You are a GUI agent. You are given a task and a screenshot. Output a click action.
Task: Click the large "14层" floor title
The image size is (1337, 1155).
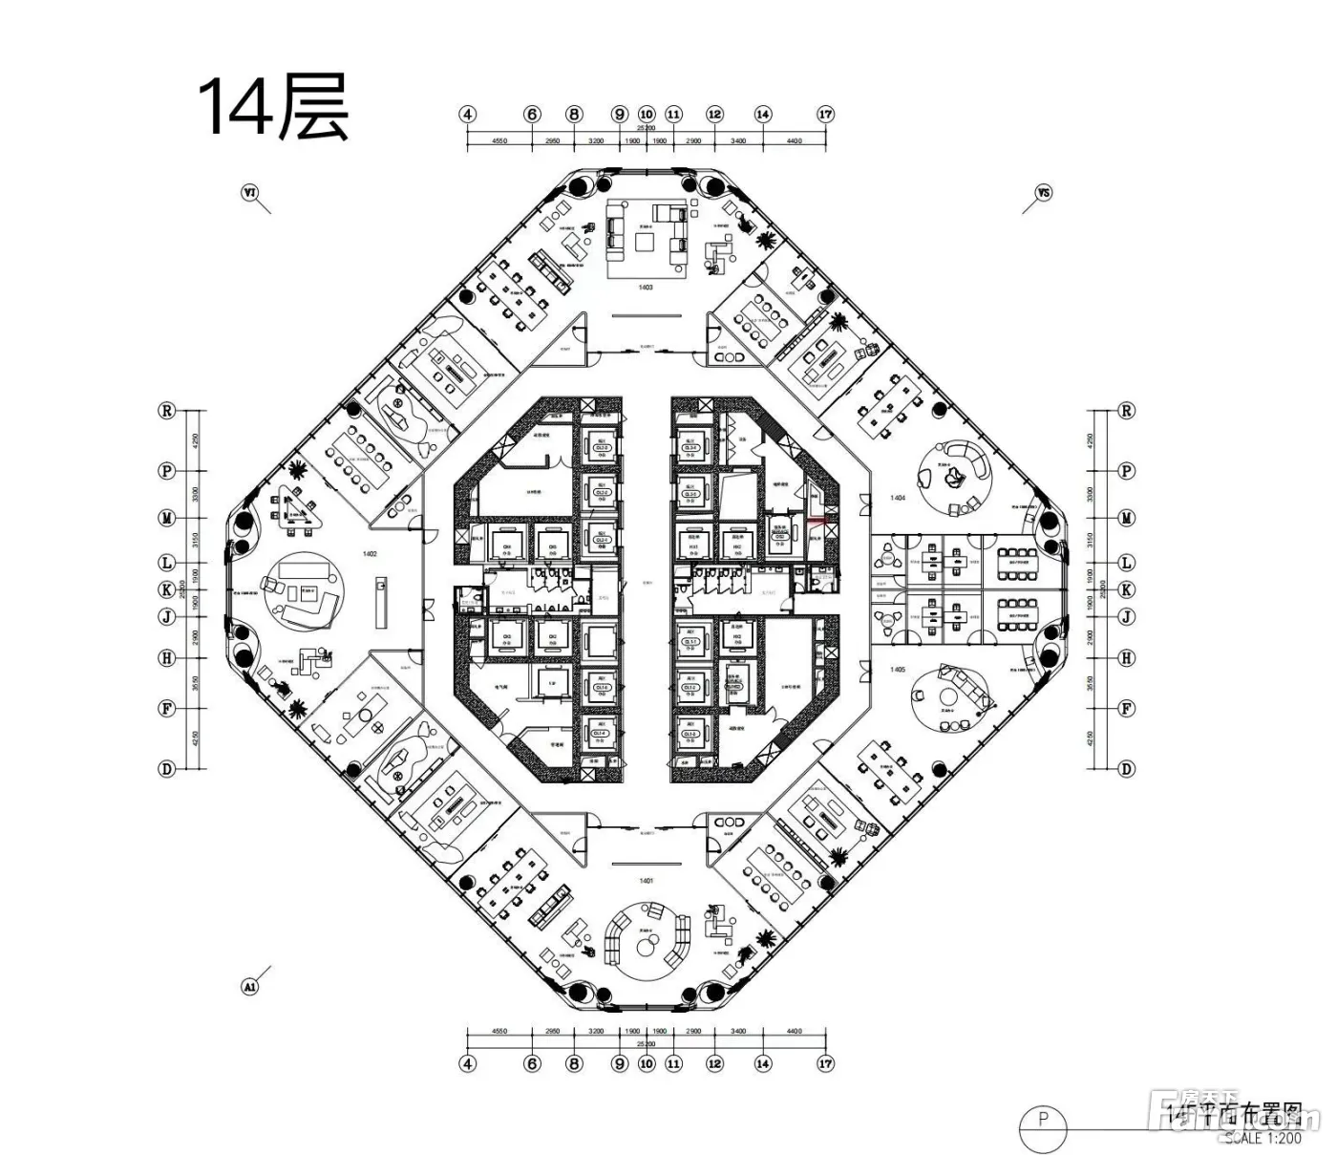[272, 109]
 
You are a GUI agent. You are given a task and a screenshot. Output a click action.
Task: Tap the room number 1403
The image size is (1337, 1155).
[646, 287]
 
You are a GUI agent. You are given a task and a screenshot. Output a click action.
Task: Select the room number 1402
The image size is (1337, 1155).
[370, 553]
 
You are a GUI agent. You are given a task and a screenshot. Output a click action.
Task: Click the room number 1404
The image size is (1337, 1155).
[897, 498]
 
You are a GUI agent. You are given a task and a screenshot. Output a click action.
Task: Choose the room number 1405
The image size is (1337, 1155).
[897, 670]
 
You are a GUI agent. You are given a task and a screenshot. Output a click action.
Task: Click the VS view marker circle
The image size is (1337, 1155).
[1043, 193]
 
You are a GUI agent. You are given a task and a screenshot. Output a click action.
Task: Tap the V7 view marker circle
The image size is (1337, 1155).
[250, 193]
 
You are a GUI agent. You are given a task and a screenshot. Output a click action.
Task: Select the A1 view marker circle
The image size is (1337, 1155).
[250, 987]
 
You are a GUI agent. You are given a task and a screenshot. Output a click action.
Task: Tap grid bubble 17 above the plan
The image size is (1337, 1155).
[826, 115]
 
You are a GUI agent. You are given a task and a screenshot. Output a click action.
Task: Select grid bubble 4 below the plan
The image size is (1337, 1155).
[467, 1063]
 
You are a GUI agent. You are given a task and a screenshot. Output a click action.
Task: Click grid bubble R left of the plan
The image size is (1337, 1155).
[167, 411]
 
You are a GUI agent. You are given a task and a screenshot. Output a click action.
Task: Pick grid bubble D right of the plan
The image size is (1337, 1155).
[1127, 768]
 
